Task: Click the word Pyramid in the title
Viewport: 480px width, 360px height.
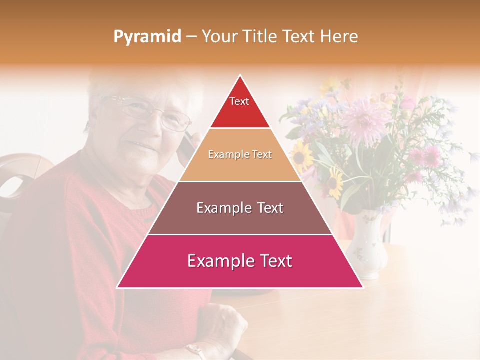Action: (147, 37)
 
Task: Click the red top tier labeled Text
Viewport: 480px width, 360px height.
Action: (239, 107)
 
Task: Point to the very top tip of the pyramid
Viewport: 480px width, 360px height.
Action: (240, 76)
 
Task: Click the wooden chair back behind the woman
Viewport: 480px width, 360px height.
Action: (20, 175)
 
